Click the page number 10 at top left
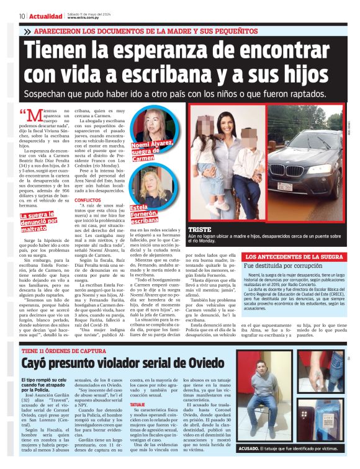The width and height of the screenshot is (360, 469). tap(22, 16)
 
